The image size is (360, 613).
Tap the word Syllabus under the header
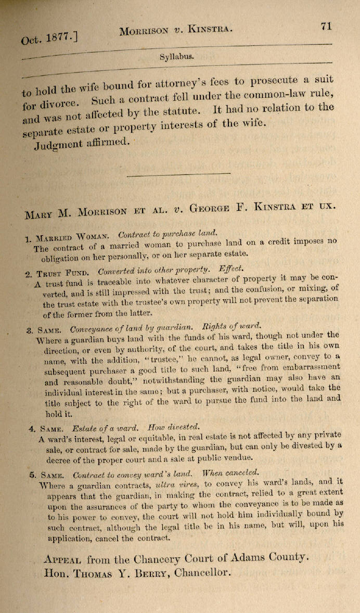click(177, 56)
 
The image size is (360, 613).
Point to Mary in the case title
click(40, 213)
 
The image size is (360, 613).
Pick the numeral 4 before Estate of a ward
click(32, 429)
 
